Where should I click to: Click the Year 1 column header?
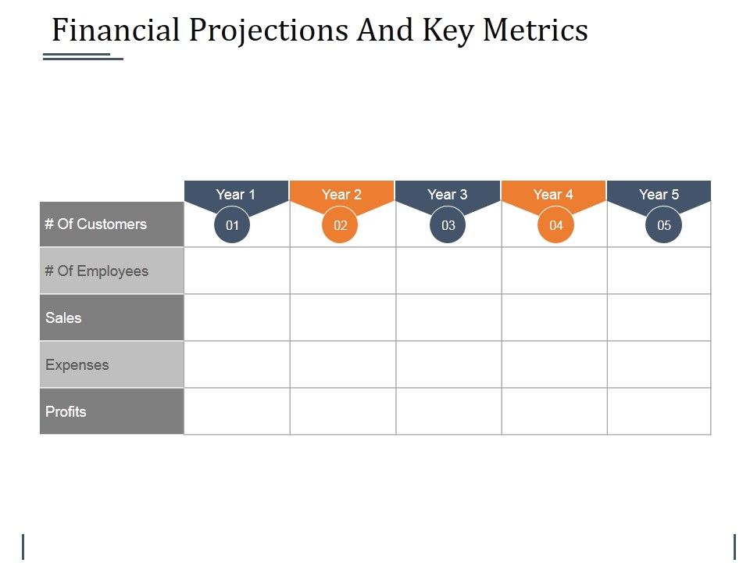(236, 194)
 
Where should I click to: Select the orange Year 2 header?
(341, 194)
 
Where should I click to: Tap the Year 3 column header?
(448, 194)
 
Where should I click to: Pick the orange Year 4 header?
(553, 194)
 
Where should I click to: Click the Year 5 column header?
(659, 194)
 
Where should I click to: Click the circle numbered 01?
(232, 225)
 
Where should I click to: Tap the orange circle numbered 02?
(340, 225)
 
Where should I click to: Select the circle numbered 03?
(448, 225)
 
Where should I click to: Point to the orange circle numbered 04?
(555, 225)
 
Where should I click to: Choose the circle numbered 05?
(663, 225)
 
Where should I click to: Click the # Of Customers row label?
(96, 224)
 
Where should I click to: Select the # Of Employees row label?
(97, 271)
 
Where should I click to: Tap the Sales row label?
(64, 318)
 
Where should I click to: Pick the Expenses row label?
(77, 365)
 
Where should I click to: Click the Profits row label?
(66, 412)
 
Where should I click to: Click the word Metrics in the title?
(535, 30)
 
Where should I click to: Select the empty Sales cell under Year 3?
(448, 317)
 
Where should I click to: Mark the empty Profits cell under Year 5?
(659, 411)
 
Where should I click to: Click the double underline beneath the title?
(83, 56)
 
